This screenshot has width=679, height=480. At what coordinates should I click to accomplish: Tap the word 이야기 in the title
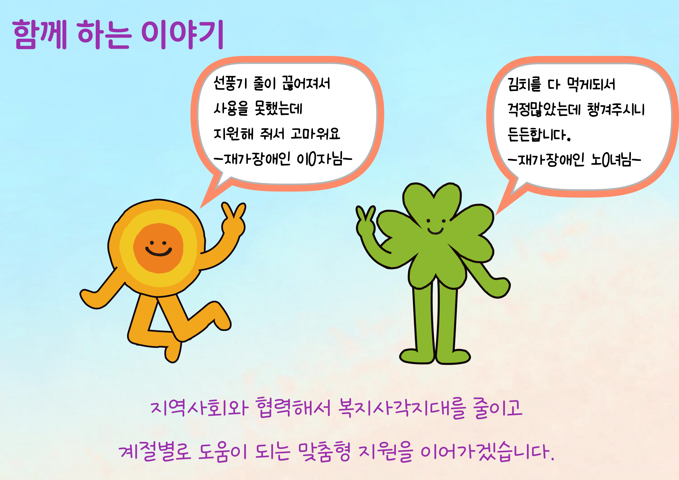pyautogui.click(x=182, y=35)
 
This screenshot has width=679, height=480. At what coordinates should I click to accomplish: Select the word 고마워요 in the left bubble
pyautogui.click(x=315, y=134)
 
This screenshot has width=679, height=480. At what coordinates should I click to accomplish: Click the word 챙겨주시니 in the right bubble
pyautogui.click(x=616, y=109)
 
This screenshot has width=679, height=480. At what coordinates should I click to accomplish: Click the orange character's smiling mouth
pyautogui.click(x=159, y=252)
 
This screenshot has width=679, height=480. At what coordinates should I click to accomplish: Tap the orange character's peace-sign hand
pyautogui.click(x=233, y=220)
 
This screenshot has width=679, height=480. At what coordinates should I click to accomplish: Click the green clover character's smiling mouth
pyautogui.click(x=435, y=231)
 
